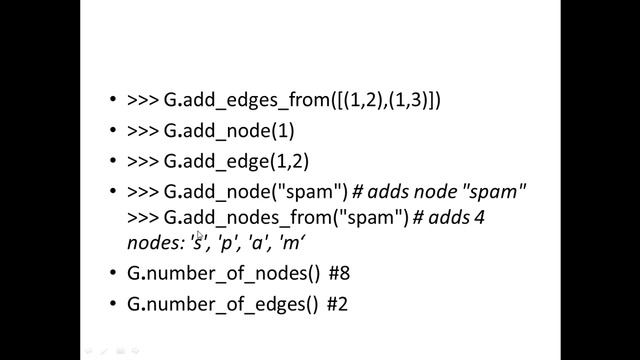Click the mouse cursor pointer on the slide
click(x=200, y=237)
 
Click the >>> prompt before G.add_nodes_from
click(x=144, y=217)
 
